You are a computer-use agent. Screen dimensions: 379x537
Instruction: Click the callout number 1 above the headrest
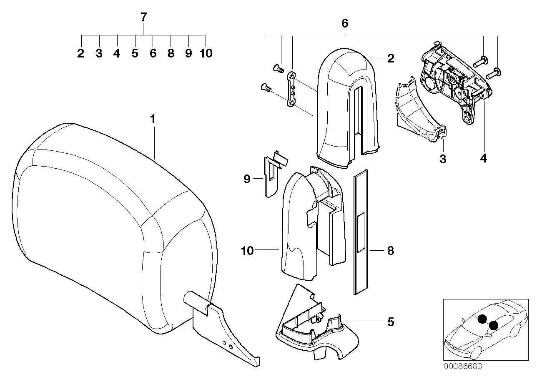tap(153, 119)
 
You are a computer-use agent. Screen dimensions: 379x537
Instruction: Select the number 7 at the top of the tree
tap(143, 17)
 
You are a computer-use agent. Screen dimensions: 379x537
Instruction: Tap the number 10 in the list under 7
tap(206, 54)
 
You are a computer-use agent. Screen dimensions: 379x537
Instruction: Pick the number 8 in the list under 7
tap(171, 54)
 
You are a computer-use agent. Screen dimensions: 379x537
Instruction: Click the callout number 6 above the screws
tap(345, 23)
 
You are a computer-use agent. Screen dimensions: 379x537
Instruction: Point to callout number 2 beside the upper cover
tap(390, 58)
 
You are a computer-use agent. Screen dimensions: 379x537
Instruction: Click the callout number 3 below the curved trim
tap(443, 159)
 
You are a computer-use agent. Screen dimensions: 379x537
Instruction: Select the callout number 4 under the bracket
tap(483, 159)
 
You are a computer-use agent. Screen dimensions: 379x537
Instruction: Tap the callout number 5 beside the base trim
tap(390, 322)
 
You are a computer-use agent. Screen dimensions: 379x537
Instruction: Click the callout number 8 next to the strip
tap(390, 251)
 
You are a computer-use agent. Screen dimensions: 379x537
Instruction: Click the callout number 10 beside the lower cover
tap(247, 251)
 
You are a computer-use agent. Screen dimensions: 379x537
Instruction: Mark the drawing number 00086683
tap(462, 367)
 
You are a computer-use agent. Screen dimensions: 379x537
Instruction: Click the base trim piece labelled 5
tap(317, 329)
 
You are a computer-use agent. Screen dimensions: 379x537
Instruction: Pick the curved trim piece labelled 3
tap(417, 112)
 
